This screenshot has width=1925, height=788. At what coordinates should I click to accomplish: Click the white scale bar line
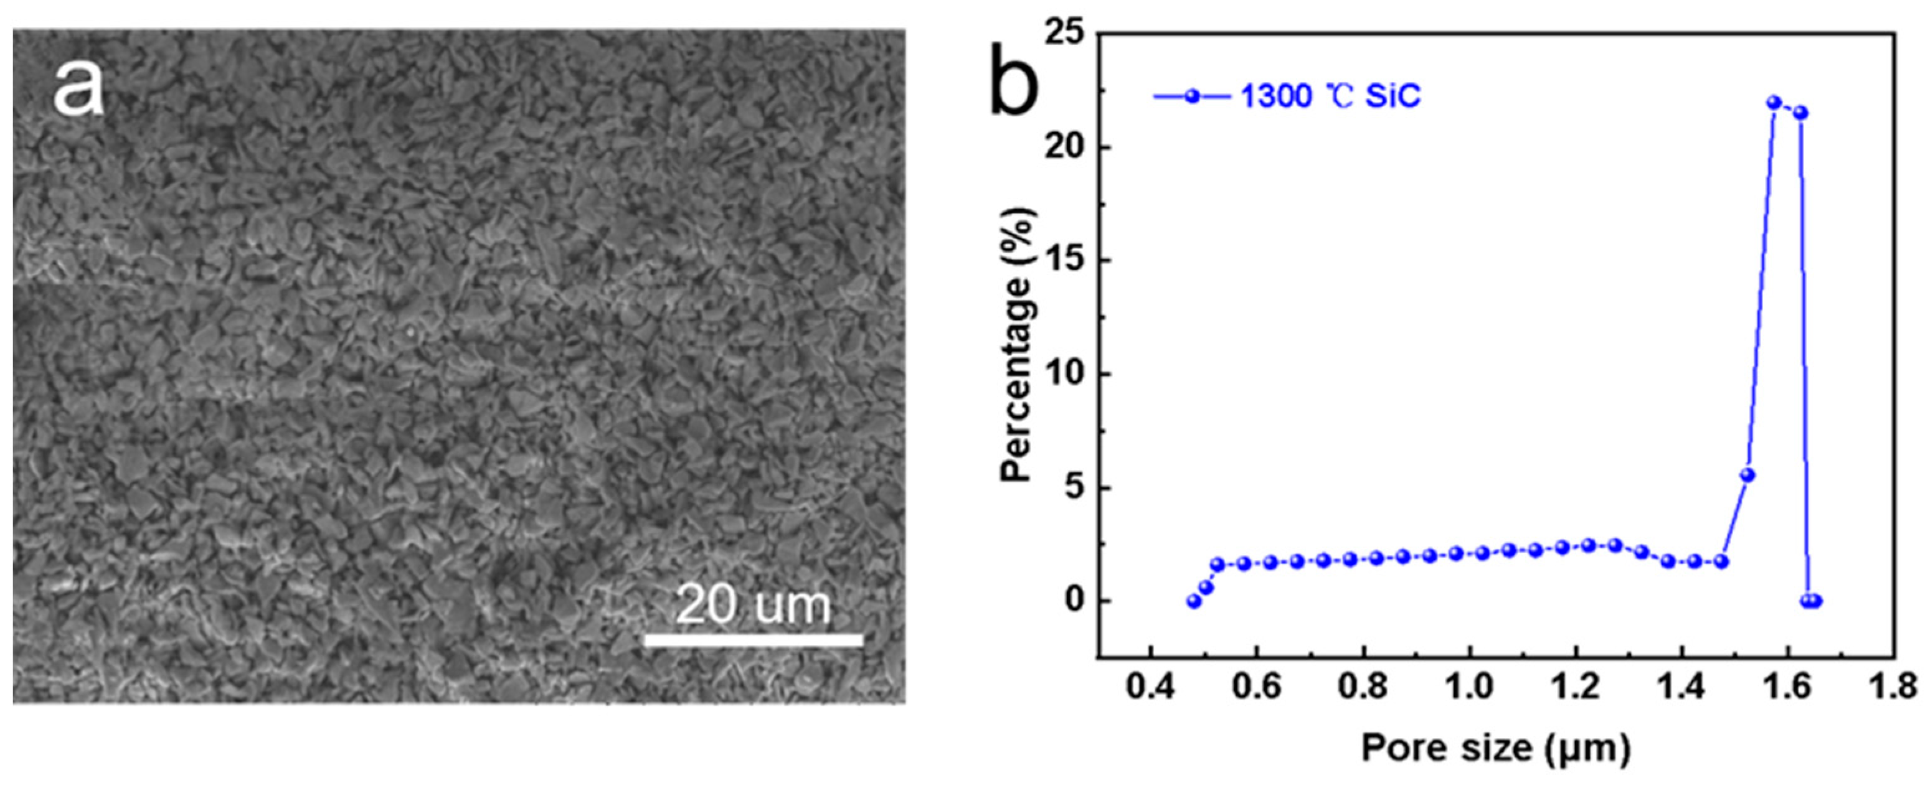pyautogui.click(x=754, y=640)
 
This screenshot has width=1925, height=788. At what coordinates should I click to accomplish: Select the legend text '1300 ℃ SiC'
pyautogui.click(x=1331, y=96)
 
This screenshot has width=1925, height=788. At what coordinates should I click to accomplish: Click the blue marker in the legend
pyautogui.click(x=1192, y=96)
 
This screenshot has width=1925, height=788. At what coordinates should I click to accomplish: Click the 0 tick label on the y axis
pyautogui.click(x=1074, y=601)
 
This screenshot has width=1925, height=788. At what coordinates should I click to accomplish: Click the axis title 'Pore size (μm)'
pyautogui.click(x=1495, y=748)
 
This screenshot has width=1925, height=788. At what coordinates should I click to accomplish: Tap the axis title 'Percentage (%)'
pyautogui.click(x=1018, y=344)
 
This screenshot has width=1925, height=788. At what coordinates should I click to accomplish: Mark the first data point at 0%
pyautogui.click(x=1194, y=601)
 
